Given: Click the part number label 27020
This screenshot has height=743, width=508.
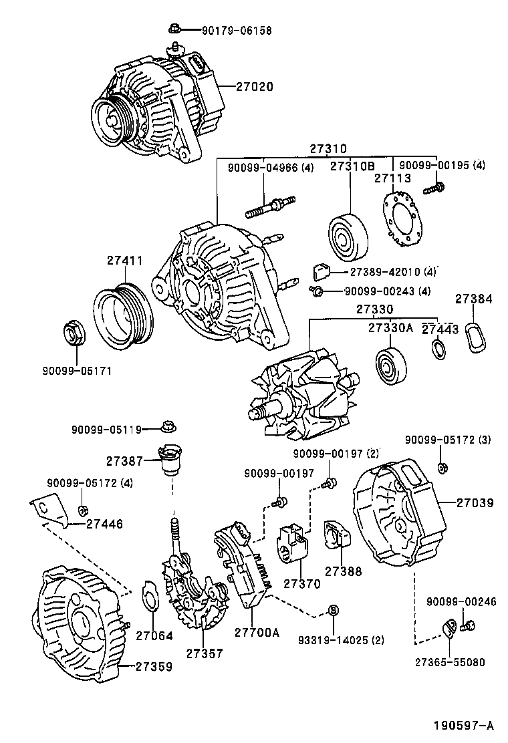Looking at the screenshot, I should coord(254,87).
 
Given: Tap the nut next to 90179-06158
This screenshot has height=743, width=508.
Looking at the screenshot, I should coord(174,29).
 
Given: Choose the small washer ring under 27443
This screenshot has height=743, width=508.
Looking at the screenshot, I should coord(439,348).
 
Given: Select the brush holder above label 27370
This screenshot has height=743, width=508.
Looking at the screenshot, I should coord(294,546).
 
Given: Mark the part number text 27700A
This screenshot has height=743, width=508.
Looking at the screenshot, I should coord(257,631).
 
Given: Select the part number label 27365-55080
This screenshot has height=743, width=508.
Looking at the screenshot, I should coord(449,662).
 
